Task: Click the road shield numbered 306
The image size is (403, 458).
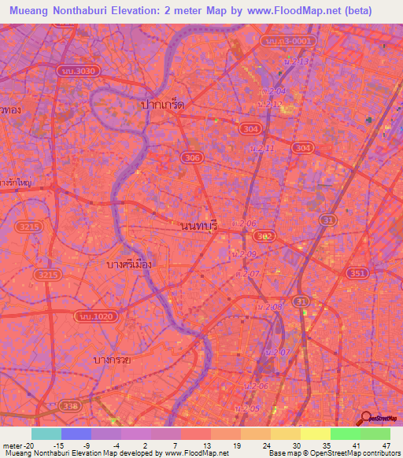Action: click(191, 158)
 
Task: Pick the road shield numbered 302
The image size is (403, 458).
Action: click(265, 236)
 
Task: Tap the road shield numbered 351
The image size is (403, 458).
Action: click(357, 273)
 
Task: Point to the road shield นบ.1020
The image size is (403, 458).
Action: click(90, 316)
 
